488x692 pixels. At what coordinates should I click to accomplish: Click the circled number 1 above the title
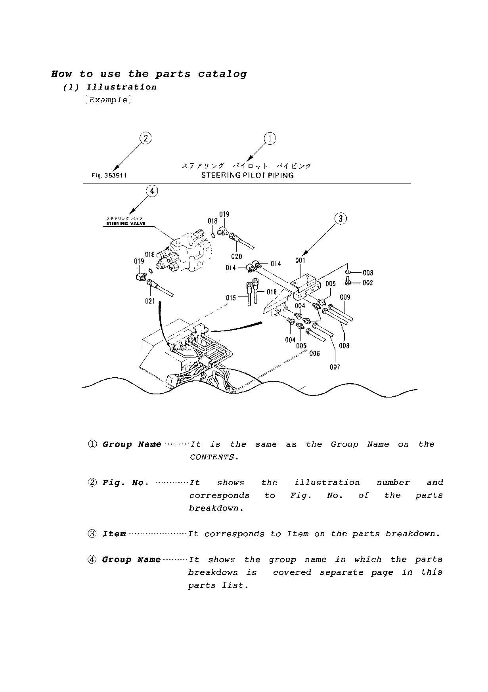click(x=270, y=139)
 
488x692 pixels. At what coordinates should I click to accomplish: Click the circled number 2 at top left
click(x=145, y=138)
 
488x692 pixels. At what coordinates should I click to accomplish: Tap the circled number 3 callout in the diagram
click(x=340, y=218)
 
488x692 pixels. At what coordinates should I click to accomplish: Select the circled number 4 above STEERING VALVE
click(x=152, y=191)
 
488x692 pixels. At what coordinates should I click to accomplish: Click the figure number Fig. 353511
click(x=109, y=176)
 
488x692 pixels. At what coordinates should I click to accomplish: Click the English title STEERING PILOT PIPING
click(x=247, y=175)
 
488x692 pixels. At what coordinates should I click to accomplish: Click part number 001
click(x=300, y=260)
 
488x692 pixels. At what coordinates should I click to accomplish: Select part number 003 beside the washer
click(x=367, y=273)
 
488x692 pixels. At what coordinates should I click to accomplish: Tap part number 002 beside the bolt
click(x=367, y=283)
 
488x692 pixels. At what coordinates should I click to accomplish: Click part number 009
click(x=344, y=297)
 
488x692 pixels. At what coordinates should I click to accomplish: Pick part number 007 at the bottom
click(x=335, y=367)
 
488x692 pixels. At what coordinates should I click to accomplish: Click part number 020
click(x=236, y=256)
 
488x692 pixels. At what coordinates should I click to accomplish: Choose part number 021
click(x=149, y=301)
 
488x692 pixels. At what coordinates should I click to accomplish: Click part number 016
click(x=272, y=292)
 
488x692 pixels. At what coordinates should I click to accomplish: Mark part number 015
click(x=231, y=298)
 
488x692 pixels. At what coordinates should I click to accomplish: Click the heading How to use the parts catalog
click(x=149, y=74)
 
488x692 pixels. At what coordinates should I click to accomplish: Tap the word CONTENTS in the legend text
click(x=212, y=457)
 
